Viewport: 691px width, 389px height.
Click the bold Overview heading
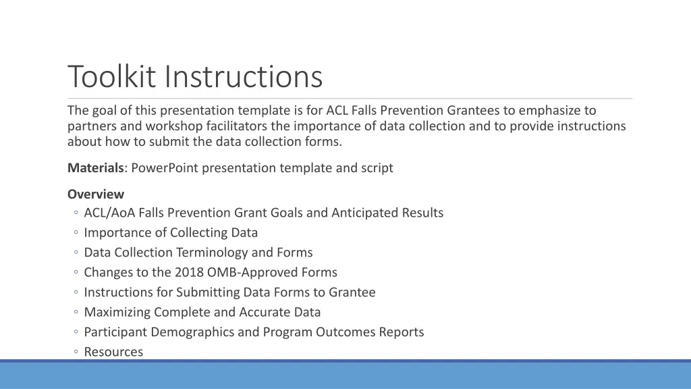96,194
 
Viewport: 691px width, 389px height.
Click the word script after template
375,168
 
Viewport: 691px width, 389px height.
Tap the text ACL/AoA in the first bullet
109,213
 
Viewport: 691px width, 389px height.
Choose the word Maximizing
117,312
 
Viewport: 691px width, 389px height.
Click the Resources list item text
113,352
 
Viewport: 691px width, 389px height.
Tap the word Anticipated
366,213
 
